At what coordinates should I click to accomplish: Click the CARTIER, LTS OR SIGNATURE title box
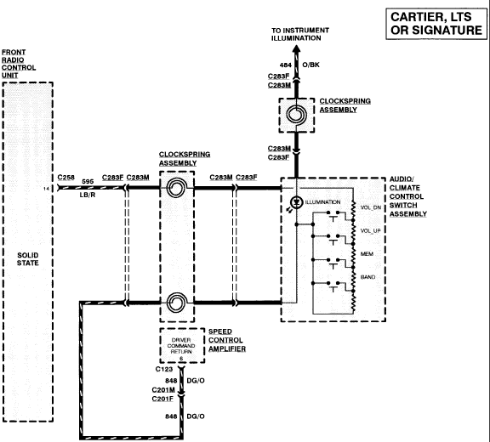point(436,24)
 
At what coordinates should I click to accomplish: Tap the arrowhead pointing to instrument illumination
point(296,49)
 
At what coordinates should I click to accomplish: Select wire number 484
point(285,65)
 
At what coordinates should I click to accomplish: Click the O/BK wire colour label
point(311,65)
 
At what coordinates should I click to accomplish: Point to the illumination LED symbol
point(296,202)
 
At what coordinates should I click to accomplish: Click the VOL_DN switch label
point(371,207)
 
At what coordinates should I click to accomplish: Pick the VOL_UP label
point(371,230)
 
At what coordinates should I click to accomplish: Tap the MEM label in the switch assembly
point(367,254)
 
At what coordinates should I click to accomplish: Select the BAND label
point(367,277)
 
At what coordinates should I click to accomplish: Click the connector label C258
point(66,178)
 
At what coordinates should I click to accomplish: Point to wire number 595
point(88,181)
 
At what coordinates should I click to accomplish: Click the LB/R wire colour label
point(88,195)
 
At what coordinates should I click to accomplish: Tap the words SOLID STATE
point(28,259)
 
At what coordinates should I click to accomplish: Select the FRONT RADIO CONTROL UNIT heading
point(19,64)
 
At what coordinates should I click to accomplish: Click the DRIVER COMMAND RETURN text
point(181,346)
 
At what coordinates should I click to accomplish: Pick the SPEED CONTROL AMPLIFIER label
point(227,340)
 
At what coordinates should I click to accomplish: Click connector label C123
point(164,369)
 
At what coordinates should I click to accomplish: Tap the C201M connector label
point(163,390)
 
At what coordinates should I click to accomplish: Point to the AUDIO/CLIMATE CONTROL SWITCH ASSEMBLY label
point(408,196)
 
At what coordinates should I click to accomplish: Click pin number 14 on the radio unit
point(46,189)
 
